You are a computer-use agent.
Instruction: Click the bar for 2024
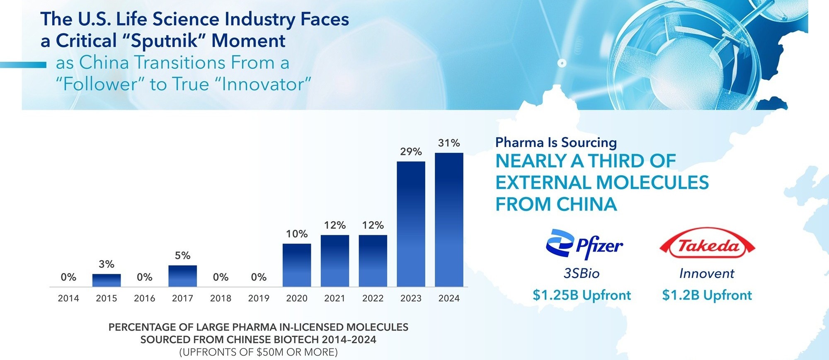click(x=449, y=220)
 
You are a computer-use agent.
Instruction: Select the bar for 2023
click(x=411, y=224)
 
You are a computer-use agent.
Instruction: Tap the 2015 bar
click(x=107, y=280)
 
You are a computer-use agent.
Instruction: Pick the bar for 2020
click(x=297, y=265)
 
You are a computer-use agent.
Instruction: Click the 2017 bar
click(x=183, y=276)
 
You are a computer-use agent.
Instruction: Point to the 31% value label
click(x=449, y=143)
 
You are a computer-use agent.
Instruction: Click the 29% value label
click(x=411, y=152)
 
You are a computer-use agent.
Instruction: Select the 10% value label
click(x=297, y=234)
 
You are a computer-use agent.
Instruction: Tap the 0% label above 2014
click(x=68, y=277)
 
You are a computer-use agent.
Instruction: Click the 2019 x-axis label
click(x=259, y=298)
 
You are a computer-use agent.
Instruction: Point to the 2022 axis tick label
click(x=373, y=298)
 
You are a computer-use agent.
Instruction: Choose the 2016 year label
click(x=145, y=298)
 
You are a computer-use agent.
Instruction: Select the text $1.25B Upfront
click(x=582, y=295)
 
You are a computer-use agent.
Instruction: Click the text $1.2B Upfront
click(x=707, y=295)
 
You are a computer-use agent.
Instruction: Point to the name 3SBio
click(x=582, y=273)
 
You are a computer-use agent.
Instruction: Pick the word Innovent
click(x=707, y=273)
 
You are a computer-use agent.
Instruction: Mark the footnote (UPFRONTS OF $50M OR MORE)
click(x=258, y=352)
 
